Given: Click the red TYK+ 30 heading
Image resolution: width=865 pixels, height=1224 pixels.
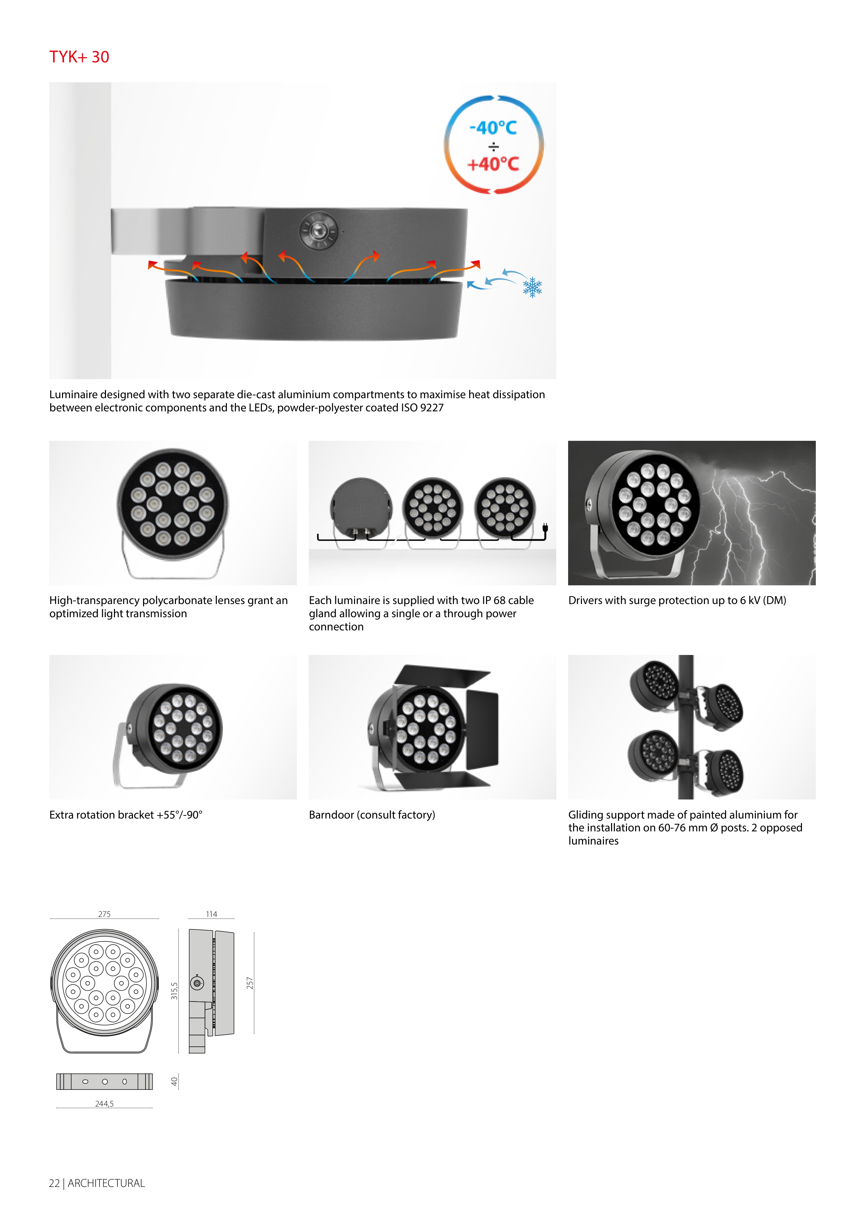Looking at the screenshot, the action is pos(79,57).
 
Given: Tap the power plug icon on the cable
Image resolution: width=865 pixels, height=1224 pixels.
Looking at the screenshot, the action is pos(545,528).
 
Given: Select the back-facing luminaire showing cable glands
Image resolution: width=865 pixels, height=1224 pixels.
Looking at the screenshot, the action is pos(361,508).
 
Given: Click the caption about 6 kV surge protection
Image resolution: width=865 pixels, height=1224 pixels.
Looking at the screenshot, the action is pos(677,600).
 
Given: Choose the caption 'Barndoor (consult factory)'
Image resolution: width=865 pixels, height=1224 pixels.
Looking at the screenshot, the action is pos(372,815).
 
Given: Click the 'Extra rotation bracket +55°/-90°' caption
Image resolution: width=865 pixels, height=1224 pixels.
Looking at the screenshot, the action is pos(126,815).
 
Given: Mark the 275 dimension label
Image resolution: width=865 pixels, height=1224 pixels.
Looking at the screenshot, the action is pos(105,914).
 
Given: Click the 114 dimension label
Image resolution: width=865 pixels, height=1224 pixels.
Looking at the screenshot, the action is pos(212,914).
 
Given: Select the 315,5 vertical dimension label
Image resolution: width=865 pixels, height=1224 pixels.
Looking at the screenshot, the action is pos(174,990).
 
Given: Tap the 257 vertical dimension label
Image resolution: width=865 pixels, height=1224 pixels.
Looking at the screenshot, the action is pos(249,983).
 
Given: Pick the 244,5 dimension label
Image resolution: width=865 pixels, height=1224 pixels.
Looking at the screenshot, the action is pos(105,1103).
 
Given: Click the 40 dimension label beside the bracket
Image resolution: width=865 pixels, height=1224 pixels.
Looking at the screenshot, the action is pos(174,1082).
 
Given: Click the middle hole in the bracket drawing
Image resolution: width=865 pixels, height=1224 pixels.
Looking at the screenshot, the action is pos(105,1082).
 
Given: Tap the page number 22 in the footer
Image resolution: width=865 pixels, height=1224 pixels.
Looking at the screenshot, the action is pos(54,1183).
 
